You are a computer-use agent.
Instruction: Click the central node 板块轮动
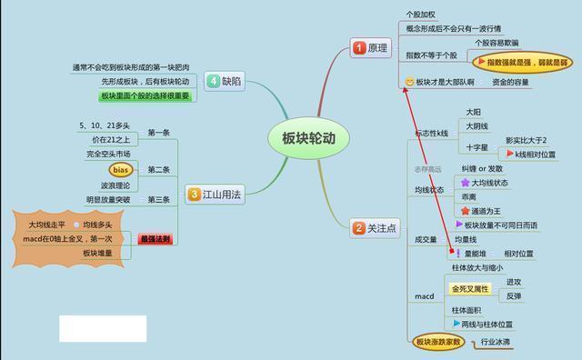point(303,138)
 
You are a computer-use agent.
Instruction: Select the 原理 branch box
point(369,47)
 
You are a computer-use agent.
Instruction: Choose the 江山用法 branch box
point(216,193)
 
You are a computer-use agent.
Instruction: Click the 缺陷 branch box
point(226,80)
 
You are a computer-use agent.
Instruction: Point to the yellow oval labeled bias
point(121,169)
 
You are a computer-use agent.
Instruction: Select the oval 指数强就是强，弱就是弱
point(521,63)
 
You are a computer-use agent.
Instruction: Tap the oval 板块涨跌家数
point(438,343)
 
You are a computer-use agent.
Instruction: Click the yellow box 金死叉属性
point(470,289)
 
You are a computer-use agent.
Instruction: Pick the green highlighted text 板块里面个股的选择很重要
point(146,95)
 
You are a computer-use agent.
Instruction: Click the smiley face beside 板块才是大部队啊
point(410,83)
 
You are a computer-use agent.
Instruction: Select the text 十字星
point(477,146)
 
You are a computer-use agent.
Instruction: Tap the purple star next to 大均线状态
point(465,182)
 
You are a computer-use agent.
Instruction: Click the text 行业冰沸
point(496,343)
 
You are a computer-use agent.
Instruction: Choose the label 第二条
point(158,169)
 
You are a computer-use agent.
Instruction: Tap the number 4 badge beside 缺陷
point(213,80)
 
